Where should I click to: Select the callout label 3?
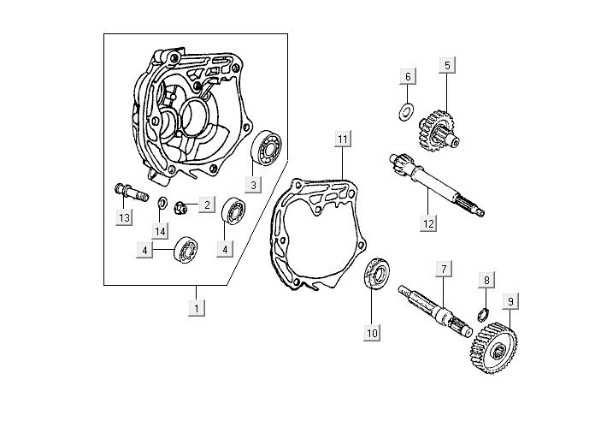252,184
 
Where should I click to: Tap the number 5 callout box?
447,64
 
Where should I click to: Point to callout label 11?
342,139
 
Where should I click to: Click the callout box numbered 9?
510,301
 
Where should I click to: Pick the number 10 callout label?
372,333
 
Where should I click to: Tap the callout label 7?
443,270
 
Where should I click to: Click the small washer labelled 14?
161,203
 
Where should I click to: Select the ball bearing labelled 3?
268,149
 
